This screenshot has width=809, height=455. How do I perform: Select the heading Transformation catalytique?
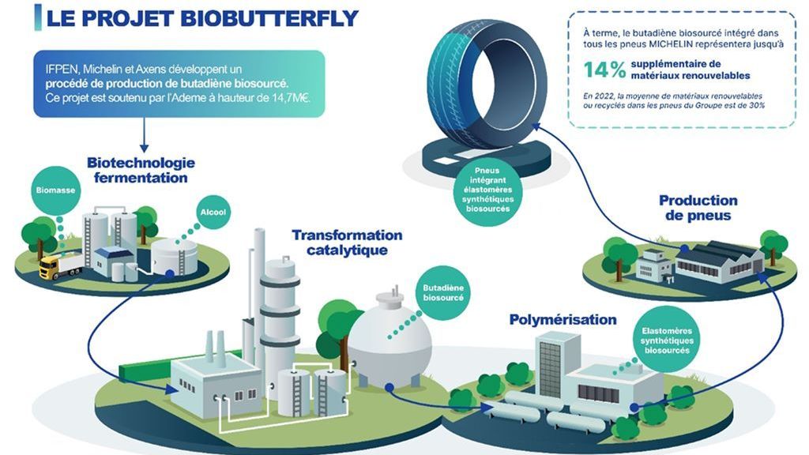(x=346, y=243)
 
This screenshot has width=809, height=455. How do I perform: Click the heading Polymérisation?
(x=563, y=320)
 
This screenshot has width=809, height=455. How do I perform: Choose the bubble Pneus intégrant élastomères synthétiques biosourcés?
(x=487, y=191)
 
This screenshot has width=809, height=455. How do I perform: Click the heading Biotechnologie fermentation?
(x=141, y=170)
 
